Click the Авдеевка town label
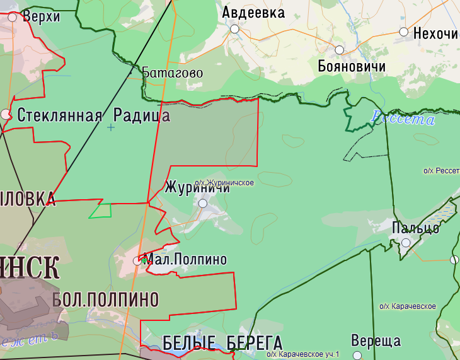click(253, 12)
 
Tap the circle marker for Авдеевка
click(235, 29)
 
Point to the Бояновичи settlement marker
click(339, 50)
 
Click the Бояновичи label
click(352, 66)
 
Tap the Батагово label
click(172, 73)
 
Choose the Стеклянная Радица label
click(93, 115)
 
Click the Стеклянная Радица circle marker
click(6, 114)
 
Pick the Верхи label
click(41, 16)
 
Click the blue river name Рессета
click(403, 118)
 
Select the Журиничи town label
click(197, 187)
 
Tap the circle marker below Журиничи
click(203, 204)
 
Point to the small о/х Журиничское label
click(224, 183)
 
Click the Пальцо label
click(415, 228)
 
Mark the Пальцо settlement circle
click(406, 242)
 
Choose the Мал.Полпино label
click(185, 259)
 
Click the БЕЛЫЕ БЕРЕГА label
click(222, 343)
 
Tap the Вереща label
click(376, 341)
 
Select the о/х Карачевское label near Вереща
click(408, 306)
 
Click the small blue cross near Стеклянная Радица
click(112, 127)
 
